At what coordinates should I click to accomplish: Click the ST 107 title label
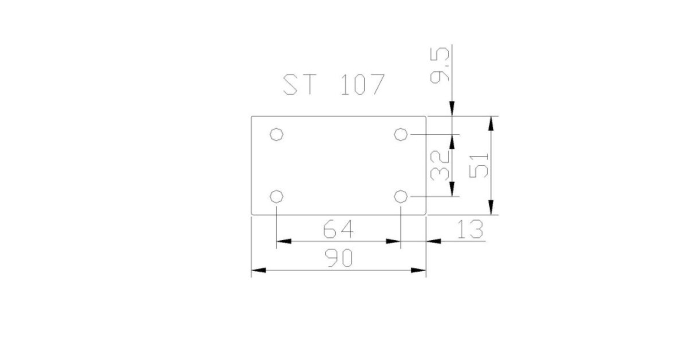coord(334,84)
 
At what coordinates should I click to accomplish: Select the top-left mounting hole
coord(276,135)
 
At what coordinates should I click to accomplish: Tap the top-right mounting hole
coord(401,135)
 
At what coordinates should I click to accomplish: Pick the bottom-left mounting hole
coord(276,197)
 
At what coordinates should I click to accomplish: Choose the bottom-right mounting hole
coord(401,197)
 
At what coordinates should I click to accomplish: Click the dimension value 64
coord(338,229)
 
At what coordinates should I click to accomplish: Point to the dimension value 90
coord(339,258)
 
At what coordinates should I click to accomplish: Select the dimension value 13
coord(470,229)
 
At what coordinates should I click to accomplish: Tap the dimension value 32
coord(440,166)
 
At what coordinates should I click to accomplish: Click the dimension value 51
coord(479,166)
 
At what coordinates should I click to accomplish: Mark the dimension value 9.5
coord(440,65)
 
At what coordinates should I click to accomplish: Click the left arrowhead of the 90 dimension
coord(259,270)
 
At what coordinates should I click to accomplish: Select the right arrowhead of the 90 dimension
coord(419,270)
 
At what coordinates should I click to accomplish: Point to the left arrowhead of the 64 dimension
coord(284,241)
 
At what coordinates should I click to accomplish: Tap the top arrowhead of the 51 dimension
coord(491,124)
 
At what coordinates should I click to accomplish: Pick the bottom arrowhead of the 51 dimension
coord(491,207)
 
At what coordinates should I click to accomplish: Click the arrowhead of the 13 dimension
coord(433,241)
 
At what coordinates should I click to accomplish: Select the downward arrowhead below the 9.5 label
coord(452,109)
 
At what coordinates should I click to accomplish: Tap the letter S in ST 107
coord(290,84)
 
